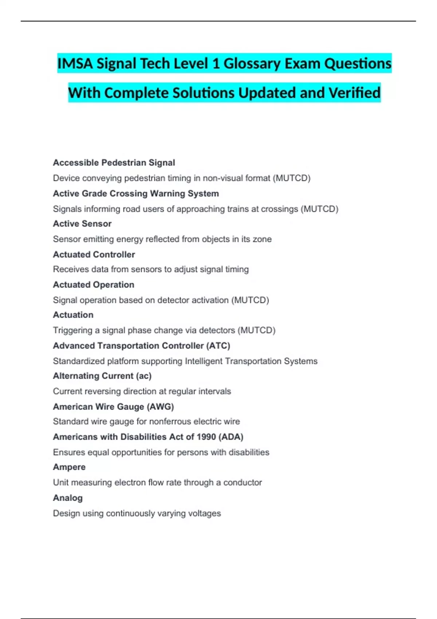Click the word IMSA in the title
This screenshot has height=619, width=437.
coord(75,64)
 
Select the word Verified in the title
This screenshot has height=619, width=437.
coord(355,93)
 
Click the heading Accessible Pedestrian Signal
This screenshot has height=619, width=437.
coord(114,163)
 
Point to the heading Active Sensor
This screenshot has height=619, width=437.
coord(82,224)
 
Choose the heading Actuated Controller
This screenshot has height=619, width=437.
coord(94,255)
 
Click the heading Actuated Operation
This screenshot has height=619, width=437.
coord(94,285)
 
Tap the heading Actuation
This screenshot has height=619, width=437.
coord(73,315)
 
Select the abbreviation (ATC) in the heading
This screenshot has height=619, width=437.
coord(219,346)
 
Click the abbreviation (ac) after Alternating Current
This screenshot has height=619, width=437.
coord(144,376)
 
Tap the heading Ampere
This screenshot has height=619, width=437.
coord(69,467)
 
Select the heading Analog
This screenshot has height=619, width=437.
coord(68,498)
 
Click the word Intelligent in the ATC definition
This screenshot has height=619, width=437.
coord(204,361)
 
